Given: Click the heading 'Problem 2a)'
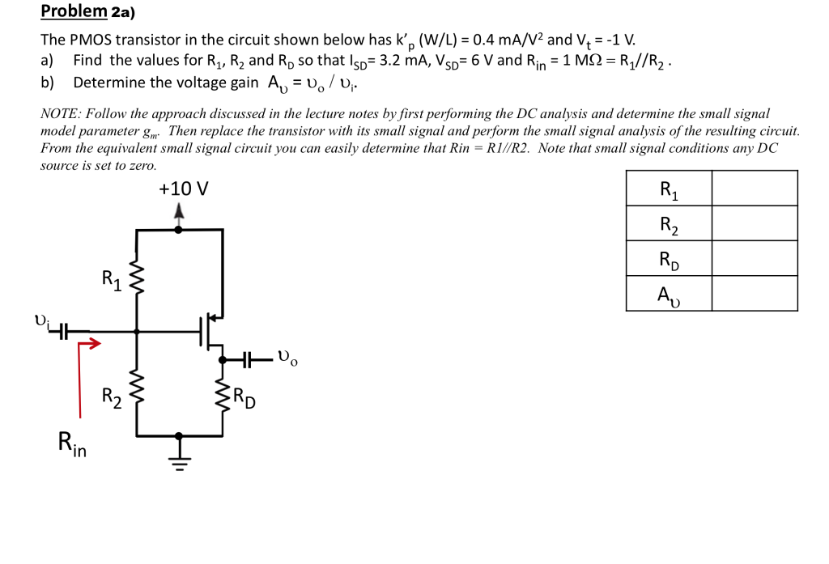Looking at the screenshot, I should (88, 11).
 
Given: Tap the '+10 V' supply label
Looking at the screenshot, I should (183, 189).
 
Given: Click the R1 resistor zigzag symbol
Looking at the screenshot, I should (136, 279).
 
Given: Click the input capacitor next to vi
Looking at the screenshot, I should (63, 331).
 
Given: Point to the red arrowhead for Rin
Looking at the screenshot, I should (96, 345).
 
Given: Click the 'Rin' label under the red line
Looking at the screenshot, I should (72, 444).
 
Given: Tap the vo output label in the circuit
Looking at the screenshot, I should (287, 357).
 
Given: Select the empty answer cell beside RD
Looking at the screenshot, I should (755, 259).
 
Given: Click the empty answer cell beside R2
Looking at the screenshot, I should (755, 224).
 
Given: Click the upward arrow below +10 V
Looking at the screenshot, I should (179, 213).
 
